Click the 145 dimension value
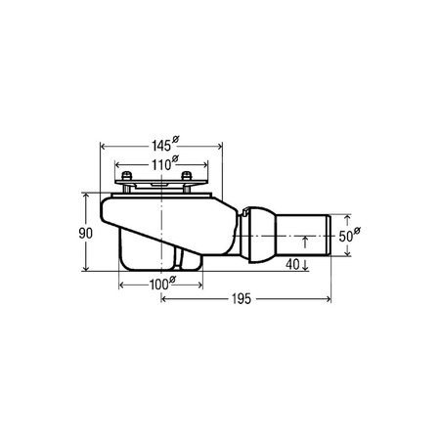tap(161, 146)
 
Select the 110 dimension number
tap(161, 165)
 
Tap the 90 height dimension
tap(86, 233)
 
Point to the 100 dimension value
tap(159, 285)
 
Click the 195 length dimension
tap(242, 298)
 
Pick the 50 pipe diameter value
tap(345, 237)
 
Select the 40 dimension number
tap(292, 264)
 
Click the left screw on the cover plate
tap(126, 176)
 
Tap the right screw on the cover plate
tap(187, 176)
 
